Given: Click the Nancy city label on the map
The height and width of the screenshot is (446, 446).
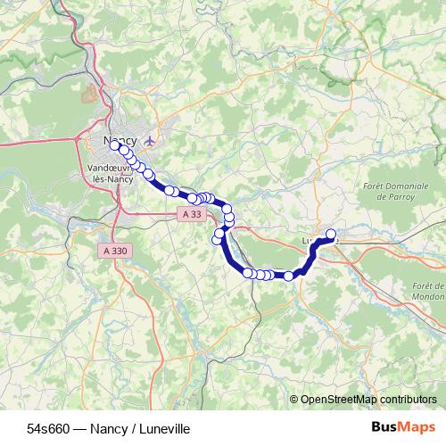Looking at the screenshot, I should coord(120,141).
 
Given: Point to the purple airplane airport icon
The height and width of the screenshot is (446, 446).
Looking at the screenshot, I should coord(150,140).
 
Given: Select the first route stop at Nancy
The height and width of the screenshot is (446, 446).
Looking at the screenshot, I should coord(114,145).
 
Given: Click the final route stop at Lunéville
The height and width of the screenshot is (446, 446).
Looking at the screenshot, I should coord(331,235).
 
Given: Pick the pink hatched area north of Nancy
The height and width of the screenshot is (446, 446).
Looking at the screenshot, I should coord(88,92).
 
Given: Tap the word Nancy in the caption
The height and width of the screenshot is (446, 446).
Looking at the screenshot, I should coord(111,429).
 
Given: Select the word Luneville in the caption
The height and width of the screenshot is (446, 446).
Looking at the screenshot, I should coord(164,429).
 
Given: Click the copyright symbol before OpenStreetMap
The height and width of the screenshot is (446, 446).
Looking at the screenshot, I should coord(294,400).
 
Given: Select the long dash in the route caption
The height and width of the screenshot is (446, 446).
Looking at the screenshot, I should coord(79,429).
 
